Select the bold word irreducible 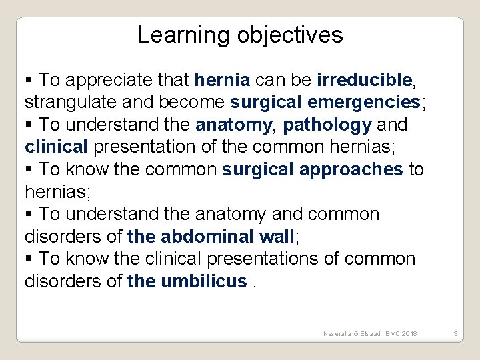[365, 80]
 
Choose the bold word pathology [327, 125]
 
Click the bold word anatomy [233, 125]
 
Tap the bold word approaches [351, 169]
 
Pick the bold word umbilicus [203, 281]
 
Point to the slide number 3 [455, 333]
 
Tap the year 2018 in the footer [408, 333]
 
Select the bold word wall [275, 237]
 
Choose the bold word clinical [56, 147]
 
